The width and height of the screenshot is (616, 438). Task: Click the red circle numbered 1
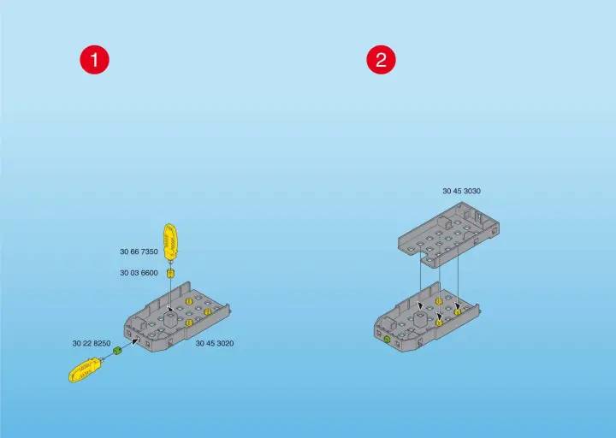[95, 60]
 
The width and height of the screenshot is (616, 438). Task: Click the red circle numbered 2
[381, 60]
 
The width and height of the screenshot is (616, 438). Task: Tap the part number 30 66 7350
[139, 252]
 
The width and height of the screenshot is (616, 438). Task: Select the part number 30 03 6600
[139, 273]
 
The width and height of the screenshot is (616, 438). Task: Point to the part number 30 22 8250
[92, 343]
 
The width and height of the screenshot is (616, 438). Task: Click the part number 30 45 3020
[215, 343]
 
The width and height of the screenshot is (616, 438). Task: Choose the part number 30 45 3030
[462, 191]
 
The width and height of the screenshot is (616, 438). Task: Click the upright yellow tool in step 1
[170, 242]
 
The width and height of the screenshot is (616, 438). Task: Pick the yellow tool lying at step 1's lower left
[86, 370]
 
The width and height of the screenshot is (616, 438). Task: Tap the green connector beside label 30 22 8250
[117, 350]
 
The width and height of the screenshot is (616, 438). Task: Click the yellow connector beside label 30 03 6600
[170, 274]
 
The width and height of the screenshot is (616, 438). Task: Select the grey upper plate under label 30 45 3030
[448, 234]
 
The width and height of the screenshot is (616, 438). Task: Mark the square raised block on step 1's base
[170, 317]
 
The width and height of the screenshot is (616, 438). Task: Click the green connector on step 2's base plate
[387, 340]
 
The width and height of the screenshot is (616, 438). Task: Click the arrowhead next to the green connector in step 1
[135, 341]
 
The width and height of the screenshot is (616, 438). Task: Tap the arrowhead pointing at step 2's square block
[420, 305]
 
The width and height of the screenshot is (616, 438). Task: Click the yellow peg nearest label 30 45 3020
[207, 312]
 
